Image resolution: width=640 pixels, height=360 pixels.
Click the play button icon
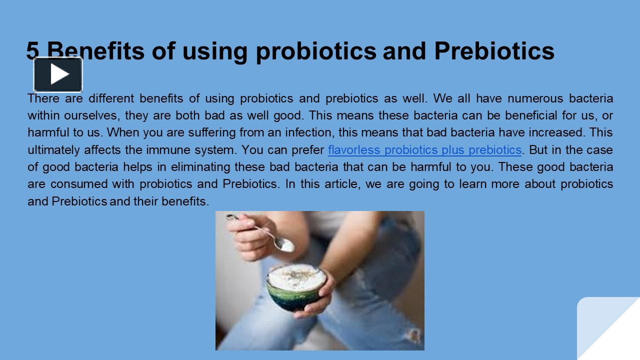click(x=58, y=74)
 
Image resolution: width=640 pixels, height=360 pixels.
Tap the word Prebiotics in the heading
click(x=494, y=50)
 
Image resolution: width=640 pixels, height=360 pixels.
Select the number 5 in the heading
click(x=33, y=50)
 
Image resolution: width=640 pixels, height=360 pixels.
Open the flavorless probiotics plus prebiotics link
click(x=424, y=150)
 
